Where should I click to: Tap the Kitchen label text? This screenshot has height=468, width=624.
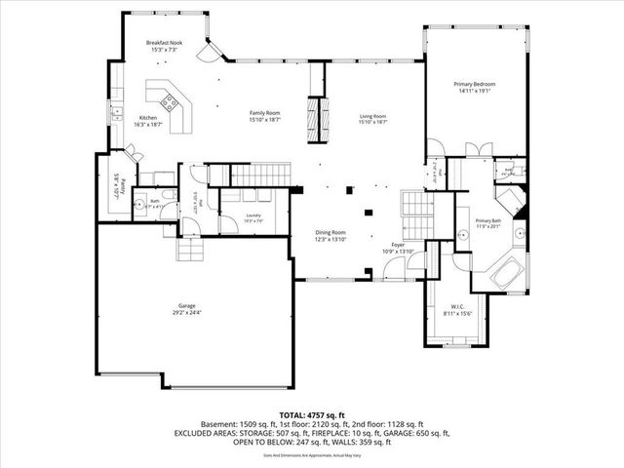[148, 118]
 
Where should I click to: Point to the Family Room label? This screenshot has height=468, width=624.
[264, 113]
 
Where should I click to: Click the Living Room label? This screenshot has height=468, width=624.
[373, 116]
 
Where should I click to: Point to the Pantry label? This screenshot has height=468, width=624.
[115, 185]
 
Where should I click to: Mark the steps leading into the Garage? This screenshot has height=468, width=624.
[192, 250]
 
